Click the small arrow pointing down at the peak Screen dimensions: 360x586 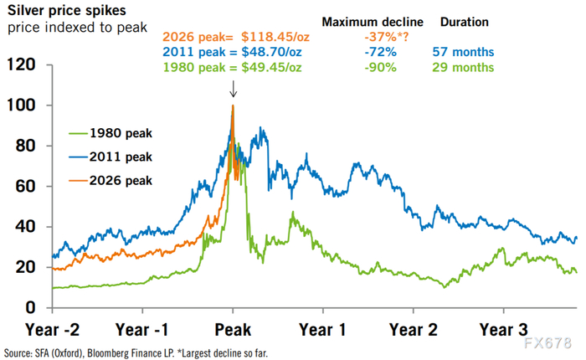233,90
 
